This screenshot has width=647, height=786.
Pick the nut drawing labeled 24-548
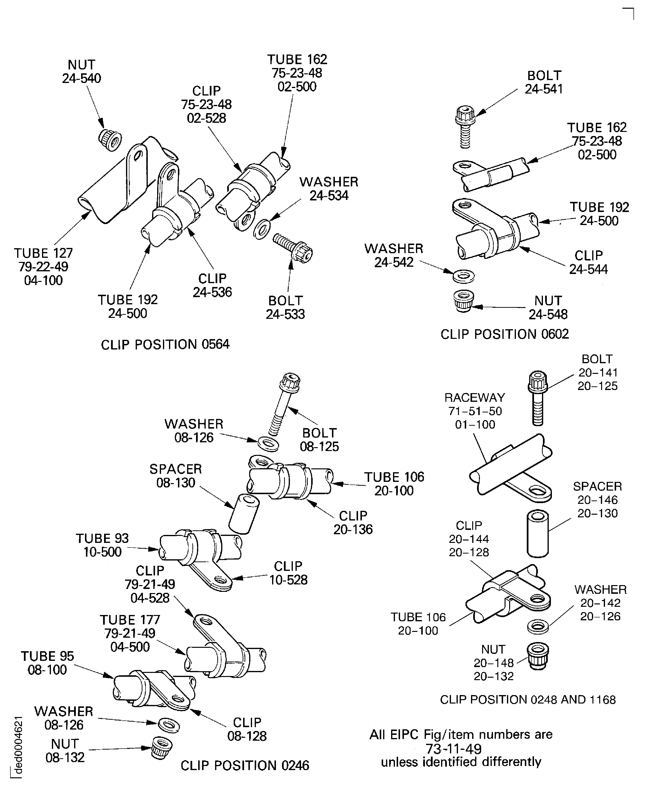pyautogui.click(x=463, y=301)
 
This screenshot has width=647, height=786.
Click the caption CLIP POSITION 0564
pyautogui.click(x=165, y=344)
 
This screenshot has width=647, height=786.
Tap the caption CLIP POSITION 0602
pyautogui.click(x=504, y=334)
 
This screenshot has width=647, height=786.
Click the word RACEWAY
pyautogui.click(x=474, y=398)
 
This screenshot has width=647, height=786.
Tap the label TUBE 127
pyautogui.click(x=43, y=253)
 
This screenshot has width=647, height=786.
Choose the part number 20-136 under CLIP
pyautogui.click(x=352, y=529)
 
